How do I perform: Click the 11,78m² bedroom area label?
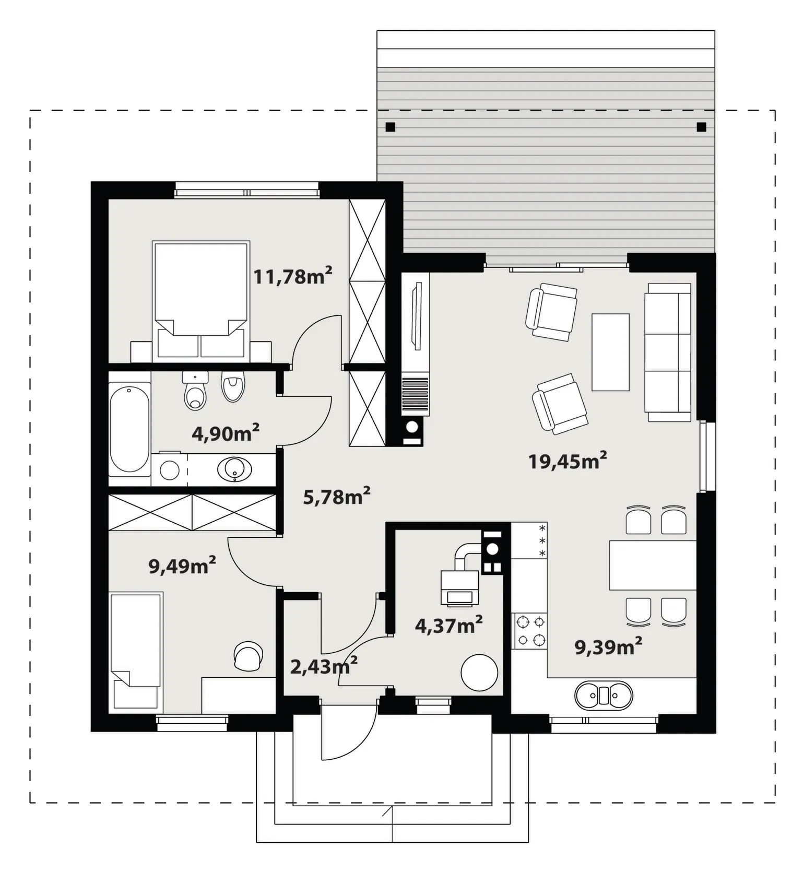pos(293,275)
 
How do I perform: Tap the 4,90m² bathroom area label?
pos(226,432)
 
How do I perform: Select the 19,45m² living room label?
pos(567,461)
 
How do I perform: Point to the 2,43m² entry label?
pos(324,666)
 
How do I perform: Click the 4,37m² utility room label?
pos(448,625)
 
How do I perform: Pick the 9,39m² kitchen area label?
pos(608,646)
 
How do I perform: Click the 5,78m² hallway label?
pos(337,496)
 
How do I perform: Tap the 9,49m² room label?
pos(182,565)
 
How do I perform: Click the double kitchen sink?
pos(604,696)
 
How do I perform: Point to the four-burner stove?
pos(530,630)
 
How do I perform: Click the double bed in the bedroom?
pos(201,301)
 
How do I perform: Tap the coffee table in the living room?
pos(610,352)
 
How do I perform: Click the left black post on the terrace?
pos(390,127)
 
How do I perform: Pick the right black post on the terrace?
pos(701,127)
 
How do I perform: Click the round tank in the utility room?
pos(479,673)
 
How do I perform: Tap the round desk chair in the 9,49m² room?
pos(248,656)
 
